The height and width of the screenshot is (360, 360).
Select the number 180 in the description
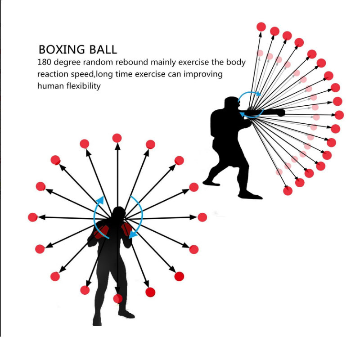(x=45, y=63)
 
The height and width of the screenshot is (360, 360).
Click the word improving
(x=203, y=74)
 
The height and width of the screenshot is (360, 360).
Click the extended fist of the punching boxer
(x=280, y=112)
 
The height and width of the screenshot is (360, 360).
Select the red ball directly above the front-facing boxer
(x=117, y=138)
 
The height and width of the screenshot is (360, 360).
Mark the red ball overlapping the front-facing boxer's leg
(x=117, y=298)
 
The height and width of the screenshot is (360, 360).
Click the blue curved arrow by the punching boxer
(x=250, y=104)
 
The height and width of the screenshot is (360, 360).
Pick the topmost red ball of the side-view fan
(x=261, y=27)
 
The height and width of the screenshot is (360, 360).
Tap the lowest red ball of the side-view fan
(x=288, y=191)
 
